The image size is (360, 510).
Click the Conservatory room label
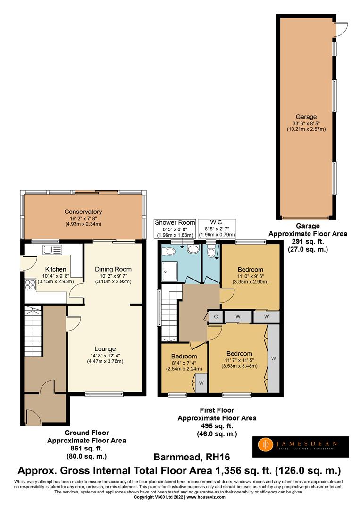click(x=83, y=212)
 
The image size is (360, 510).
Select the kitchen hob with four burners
click(x=30, y=284)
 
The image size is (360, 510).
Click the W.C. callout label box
click(x=217, y=228)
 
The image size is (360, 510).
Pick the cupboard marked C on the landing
click(x=216, y=316)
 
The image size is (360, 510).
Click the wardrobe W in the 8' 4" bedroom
click(x=201, y=383)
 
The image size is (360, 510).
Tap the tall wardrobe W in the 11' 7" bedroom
click(x=274, y=359)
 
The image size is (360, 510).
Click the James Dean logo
click(x=303, y=446)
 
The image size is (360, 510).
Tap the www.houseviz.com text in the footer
click(x=206, y=497)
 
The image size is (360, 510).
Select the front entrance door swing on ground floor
click(x=34, y=416)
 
